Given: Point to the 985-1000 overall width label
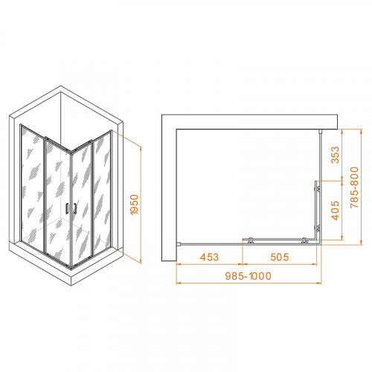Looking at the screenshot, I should tap(246, 277).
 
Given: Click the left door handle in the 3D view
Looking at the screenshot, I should tap(68, 210).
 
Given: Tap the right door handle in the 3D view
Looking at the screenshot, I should tap(74, 210).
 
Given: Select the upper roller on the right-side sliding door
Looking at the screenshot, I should tap(318, 186).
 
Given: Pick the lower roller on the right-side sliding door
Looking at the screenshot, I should tap(318, 232).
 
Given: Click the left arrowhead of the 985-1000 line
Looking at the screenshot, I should tap(178, 284).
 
